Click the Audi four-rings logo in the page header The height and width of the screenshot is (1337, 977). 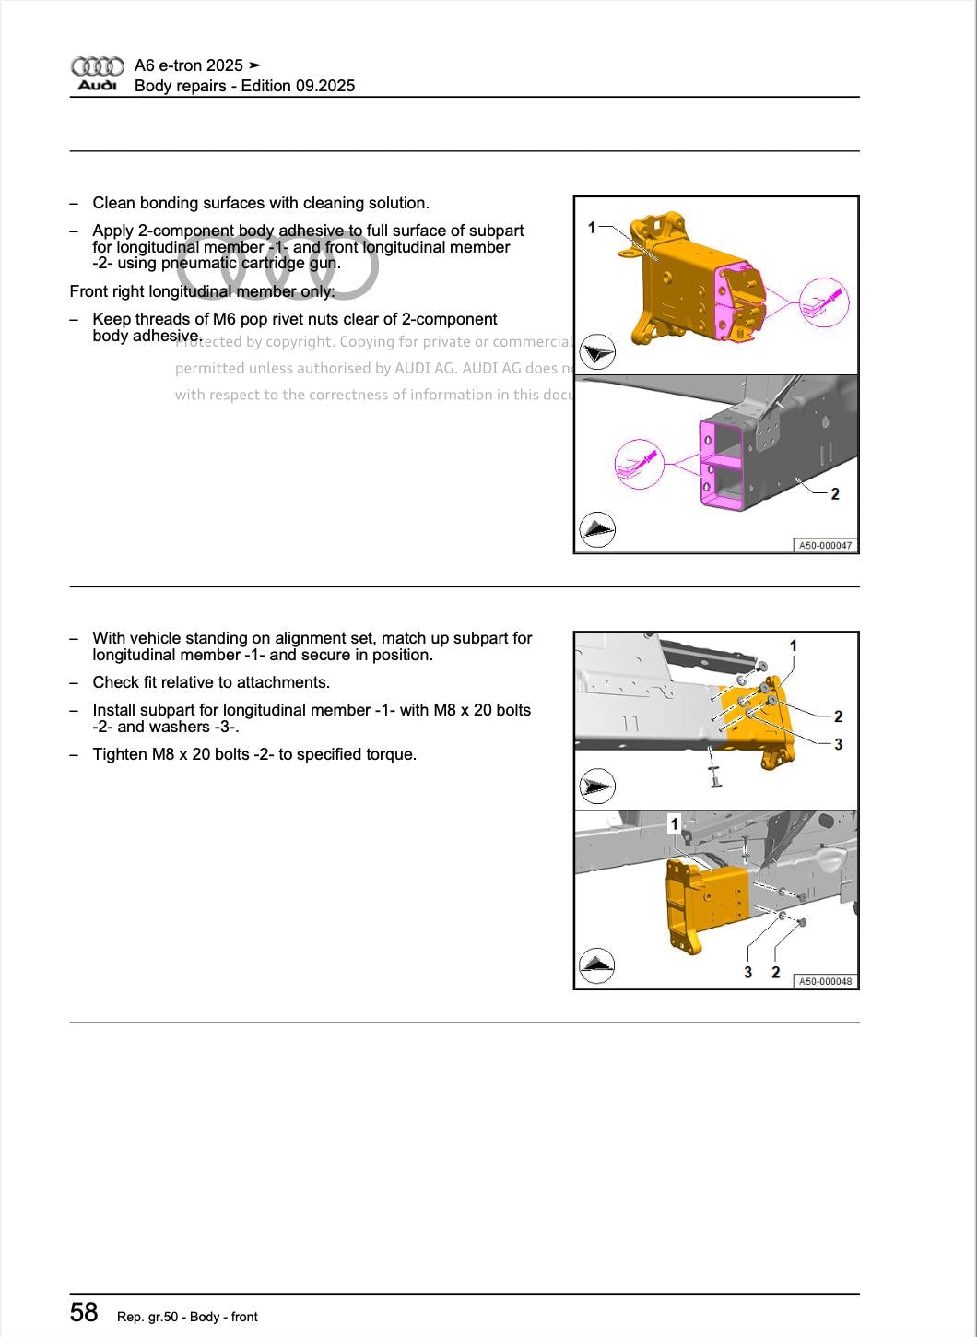tap(97, 66)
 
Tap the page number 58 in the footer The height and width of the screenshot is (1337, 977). tap(84, 1312)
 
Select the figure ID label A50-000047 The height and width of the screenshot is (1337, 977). tap(825, 546)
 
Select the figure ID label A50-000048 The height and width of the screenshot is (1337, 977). tap(825, 982)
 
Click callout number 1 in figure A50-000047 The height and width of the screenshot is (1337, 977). tap(592, 227)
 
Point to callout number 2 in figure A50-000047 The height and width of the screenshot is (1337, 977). tap(835, 494)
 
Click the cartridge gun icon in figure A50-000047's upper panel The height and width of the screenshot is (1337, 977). tap(823, 302)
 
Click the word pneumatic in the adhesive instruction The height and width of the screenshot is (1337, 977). tap(201, 264)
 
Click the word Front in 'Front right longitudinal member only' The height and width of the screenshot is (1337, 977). tap(88, 291)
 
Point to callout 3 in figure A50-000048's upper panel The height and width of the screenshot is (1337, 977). tap(838, 744)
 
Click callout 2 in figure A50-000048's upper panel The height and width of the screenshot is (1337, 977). tap(838, 716)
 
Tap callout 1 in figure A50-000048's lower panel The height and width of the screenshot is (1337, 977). tap(675, 823)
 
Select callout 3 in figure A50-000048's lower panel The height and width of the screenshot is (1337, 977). tap(747, 972)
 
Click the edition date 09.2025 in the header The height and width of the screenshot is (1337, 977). tap(325, 86)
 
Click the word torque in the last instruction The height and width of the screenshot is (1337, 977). tap(391, 754)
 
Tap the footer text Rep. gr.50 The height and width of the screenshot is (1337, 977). tap(147, 1317)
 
